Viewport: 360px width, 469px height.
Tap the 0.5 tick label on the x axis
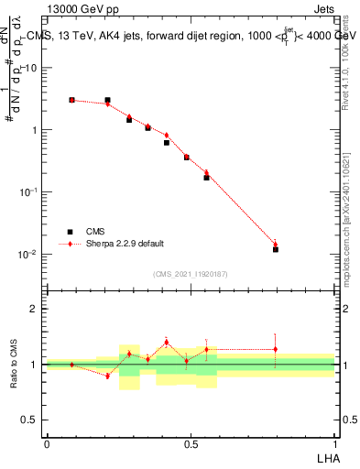191,444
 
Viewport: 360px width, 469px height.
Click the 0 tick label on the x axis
47,444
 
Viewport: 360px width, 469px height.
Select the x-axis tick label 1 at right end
334,444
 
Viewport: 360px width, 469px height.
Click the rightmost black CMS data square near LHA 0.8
276,249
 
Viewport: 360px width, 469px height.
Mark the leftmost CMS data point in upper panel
71,100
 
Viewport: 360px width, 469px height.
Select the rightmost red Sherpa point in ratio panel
276,349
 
